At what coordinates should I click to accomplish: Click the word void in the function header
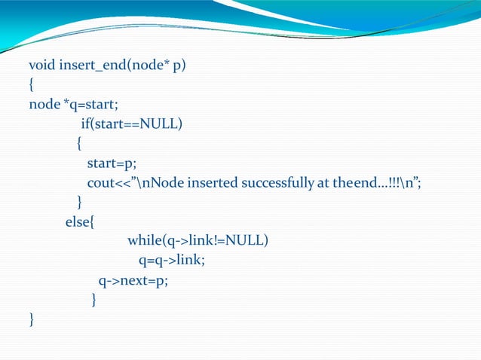point(41,65)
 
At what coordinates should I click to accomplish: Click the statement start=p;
point(112,163)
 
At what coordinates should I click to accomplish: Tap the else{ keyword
point(78,221)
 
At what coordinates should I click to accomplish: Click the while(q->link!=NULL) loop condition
point(198,241)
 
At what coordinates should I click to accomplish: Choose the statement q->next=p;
point(133,281)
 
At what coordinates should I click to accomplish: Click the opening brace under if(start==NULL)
point(79,143)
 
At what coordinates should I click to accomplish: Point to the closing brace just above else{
point(79,202)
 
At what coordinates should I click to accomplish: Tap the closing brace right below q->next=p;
point(93,301)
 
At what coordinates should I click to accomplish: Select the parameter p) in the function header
point(179,65)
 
